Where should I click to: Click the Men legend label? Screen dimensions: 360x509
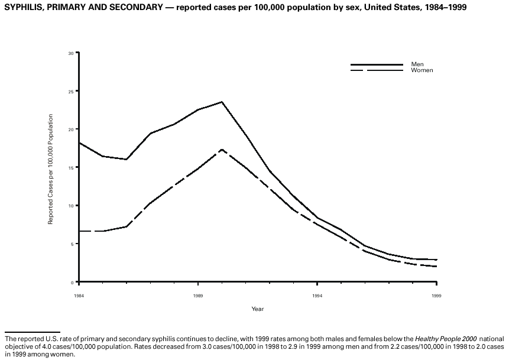417,64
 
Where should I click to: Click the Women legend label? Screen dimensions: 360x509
422,70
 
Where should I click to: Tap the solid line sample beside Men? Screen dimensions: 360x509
376,64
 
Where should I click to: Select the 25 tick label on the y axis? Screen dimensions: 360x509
70,92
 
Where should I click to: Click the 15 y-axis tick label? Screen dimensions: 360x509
70,168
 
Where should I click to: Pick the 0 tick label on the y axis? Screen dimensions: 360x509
72,282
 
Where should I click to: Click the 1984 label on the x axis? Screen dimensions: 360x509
79,294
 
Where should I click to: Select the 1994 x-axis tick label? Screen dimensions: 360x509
317,294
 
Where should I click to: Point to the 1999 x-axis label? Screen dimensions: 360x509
437,294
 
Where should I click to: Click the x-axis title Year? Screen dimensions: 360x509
258,309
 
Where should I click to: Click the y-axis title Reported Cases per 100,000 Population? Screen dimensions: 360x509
51,168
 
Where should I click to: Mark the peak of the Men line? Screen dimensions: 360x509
222,102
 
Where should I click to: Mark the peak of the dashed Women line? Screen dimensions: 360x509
222,150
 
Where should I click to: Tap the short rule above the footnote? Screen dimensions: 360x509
33,332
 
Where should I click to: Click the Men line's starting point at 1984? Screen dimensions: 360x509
79,142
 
